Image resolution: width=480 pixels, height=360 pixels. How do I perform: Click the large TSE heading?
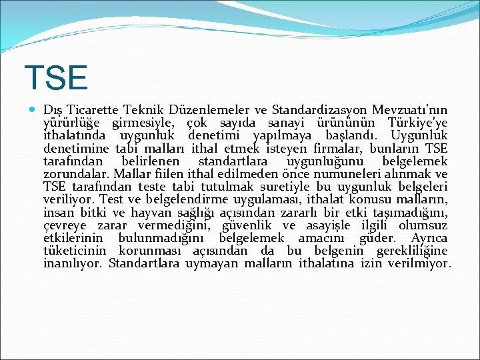pos(55,77)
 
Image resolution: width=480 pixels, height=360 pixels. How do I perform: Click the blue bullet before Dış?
pos(31,110)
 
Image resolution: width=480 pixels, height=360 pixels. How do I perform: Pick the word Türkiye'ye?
pos(417,123)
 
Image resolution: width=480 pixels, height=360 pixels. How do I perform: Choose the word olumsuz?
pos(423,225)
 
